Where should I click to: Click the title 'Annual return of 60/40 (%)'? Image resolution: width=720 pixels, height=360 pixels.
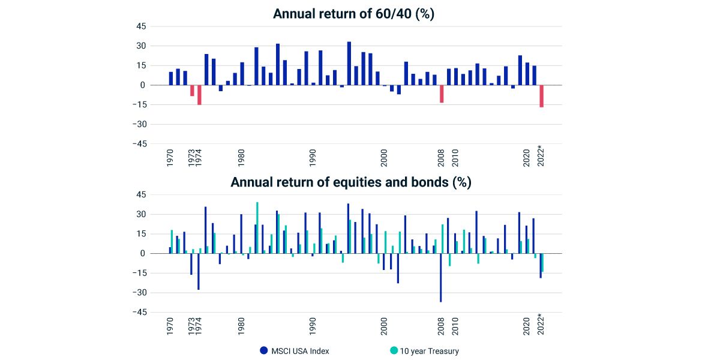(353, 14)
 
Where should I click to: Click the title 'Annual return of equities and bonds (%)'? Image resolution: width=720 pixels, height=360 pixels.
(351, 182)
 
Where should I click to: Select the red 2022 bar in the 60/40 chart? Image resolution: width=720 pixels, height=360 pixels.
(541, 96)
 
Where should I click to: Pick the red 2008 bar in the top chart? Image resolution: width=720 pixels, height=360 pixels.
(442, 94)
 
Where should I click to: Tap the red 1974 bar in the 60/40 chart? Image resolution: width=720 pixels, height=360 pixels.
(199, 95)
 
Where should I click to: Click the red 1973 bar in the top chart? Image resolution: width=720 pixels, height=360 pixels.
(192, 91)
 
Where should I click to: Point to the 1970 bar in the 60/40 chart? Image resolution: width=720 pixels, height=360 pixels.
(171, 79)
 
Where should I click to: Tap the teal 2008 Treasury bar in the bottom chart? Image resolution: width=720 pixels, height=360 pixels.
(443, 239)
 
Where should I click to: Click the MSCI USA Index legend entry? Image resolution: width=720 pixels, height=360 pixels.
(294, 351)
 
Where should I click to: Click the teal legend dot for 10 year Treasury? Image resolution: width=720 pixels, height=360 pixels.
(394, 351)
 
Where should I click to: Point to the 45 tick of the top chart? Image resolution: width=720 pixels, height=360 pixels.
(142, 26)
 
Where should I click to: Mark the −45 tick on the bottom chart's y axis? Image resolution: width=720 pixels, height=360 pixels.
(140, 312)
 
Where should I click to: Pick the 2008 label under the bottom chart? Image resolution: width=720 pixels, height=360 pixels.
(441, 325)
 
